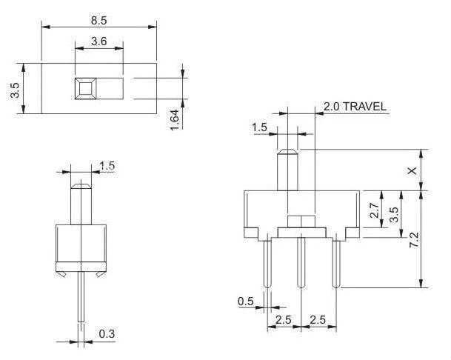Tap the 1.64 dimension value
(174, 119)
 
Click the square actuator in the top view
(84, 89)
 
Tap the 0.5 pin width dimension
(246, 301)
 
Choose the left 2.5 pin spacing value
(282, 319)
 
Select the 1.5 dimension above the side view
(107, 166)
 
